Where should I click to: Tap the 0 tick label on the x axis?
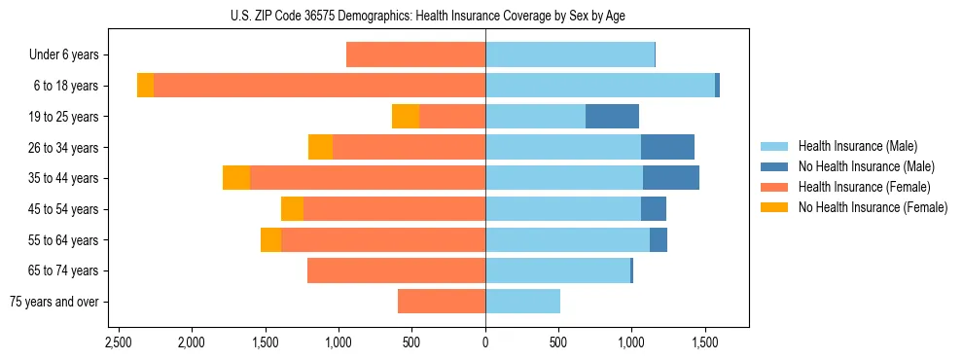pyautogui.click(x=485, y=342)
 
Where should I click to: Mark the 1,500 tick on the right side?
pyautogui.click(x=705, y=342)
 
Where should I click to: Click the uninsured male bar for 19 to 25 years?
pyautogui.click(x=612, y=117)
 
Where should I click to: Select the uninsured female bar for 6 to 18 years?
pyautogui.click(x=145, y=86)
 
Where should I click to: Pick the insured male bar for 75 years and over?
pyautogui.click(x=522, y=302)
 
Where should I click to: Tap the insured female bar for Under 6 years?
pyautogui.click(x=415, y=55)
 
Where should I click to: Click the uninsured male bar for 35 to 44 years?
pyautogui.click(x=670, y=178)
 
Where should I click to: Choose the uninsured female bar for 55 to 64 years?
pyautogui.click(x=270, y=240)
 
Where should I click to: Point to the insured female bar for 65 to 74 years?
pyautogui.click(x=396, y=270)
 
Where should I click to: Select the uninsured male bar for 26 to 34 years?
pyautogui.click(x=667, y=147)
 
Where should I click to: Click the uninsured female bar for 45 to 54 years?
pyautogui.click(x=292, y=209)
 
